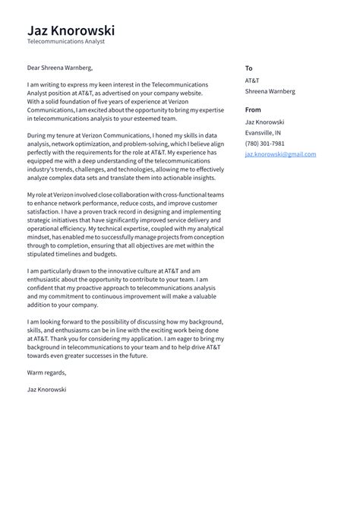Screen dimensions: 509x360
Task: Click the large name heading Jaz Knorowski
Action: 71,30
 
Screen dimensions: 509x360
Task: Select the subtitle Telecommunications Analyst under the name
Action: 65,43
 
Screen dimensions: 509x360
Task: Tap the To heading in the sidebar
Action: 249,68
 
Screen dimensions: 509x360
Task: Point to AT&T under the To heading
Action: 252,80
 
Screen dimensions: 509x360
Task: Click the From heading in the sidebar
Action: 253,109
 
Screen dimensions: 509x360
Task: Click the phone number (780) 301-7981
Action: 265,143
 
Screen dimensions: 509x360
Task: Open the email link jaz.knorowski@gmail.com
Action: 280,154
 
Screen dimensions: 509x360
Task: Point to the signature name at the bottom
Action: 46,389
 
